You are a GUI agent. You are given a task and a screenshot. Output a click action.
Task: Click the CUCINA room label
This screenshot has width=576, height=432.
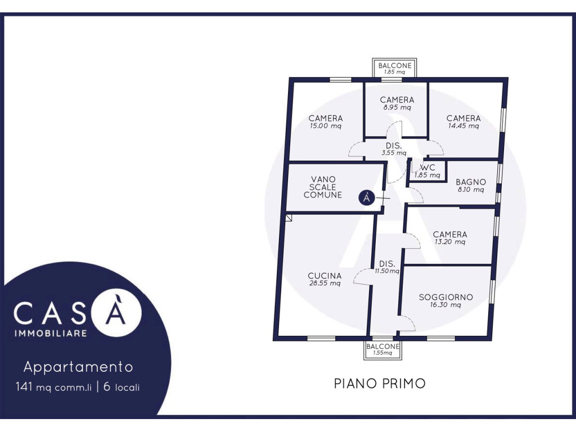(x=325, y=276)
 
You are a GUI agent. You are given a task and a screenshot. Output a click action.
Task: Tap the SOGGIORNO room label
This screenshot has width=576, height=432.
(x=445, y=297)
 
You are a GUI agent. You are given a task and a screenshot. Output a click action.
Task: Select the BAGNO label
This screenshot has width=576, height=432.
(x=471, y=182)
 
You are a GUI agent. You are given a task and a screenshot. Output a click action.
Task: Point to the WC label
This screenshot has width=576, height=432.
(x=427, y=168)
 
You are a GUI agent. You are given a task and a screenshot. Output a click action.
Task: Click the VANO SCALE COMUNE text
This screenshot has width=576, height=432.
(x=323, y=187)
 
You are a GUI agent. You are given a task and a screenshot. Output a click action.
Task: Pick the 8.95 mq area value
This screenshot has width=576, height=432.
(x=397, y=107)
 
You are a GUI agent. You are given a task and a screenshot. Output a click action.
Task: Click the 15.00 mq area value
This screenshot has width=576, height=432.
(x=326, y=126)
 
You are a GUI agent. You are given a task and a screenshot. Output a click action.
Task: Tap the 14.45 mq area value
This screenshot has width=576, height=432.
(x=463, y=126)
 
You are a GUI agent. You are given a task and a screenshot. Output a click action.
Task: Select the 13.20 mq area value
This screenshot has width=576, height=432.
(x=450, y=242)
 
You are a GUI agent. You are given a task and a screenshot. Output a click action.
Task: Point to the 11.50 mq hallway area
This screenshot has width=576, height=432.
(x=387, y=271)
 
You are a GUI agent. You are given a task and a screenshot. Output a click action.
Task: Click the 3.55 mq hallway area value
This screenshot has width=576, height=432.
(x=394, y=153)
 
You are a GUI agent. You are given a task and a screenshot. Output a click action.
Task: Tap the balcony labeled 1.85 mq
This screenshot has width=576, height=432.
(x=394, y=67)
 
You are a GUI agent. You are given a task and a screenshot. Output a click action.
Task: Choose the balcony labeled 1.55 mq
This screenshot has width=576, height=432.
(x=382, y=349)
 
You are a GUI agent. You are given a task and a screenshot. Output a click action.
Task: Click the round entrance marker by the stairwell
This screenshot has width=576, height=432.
(x=367, y=197)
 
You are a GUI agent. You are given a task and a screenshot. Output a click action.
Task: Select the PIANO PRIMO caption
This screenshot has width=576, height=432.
(x=380, y=384)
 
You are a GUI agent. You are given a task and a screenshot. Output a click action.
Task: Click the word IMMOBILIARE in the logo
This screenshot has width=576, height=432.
(x=51, y=333)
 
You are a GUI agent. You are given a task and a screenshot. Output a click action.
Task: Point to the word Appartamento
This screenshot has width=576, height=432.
(x=78, y=367)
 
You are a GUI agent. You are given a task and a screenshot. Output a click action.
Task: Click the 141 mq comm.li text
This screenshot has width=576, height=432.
(x=53, y=387)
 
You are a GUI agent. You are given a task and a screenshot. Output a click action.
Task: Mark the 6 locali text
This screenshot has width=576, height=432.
(x=121, y=387)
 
